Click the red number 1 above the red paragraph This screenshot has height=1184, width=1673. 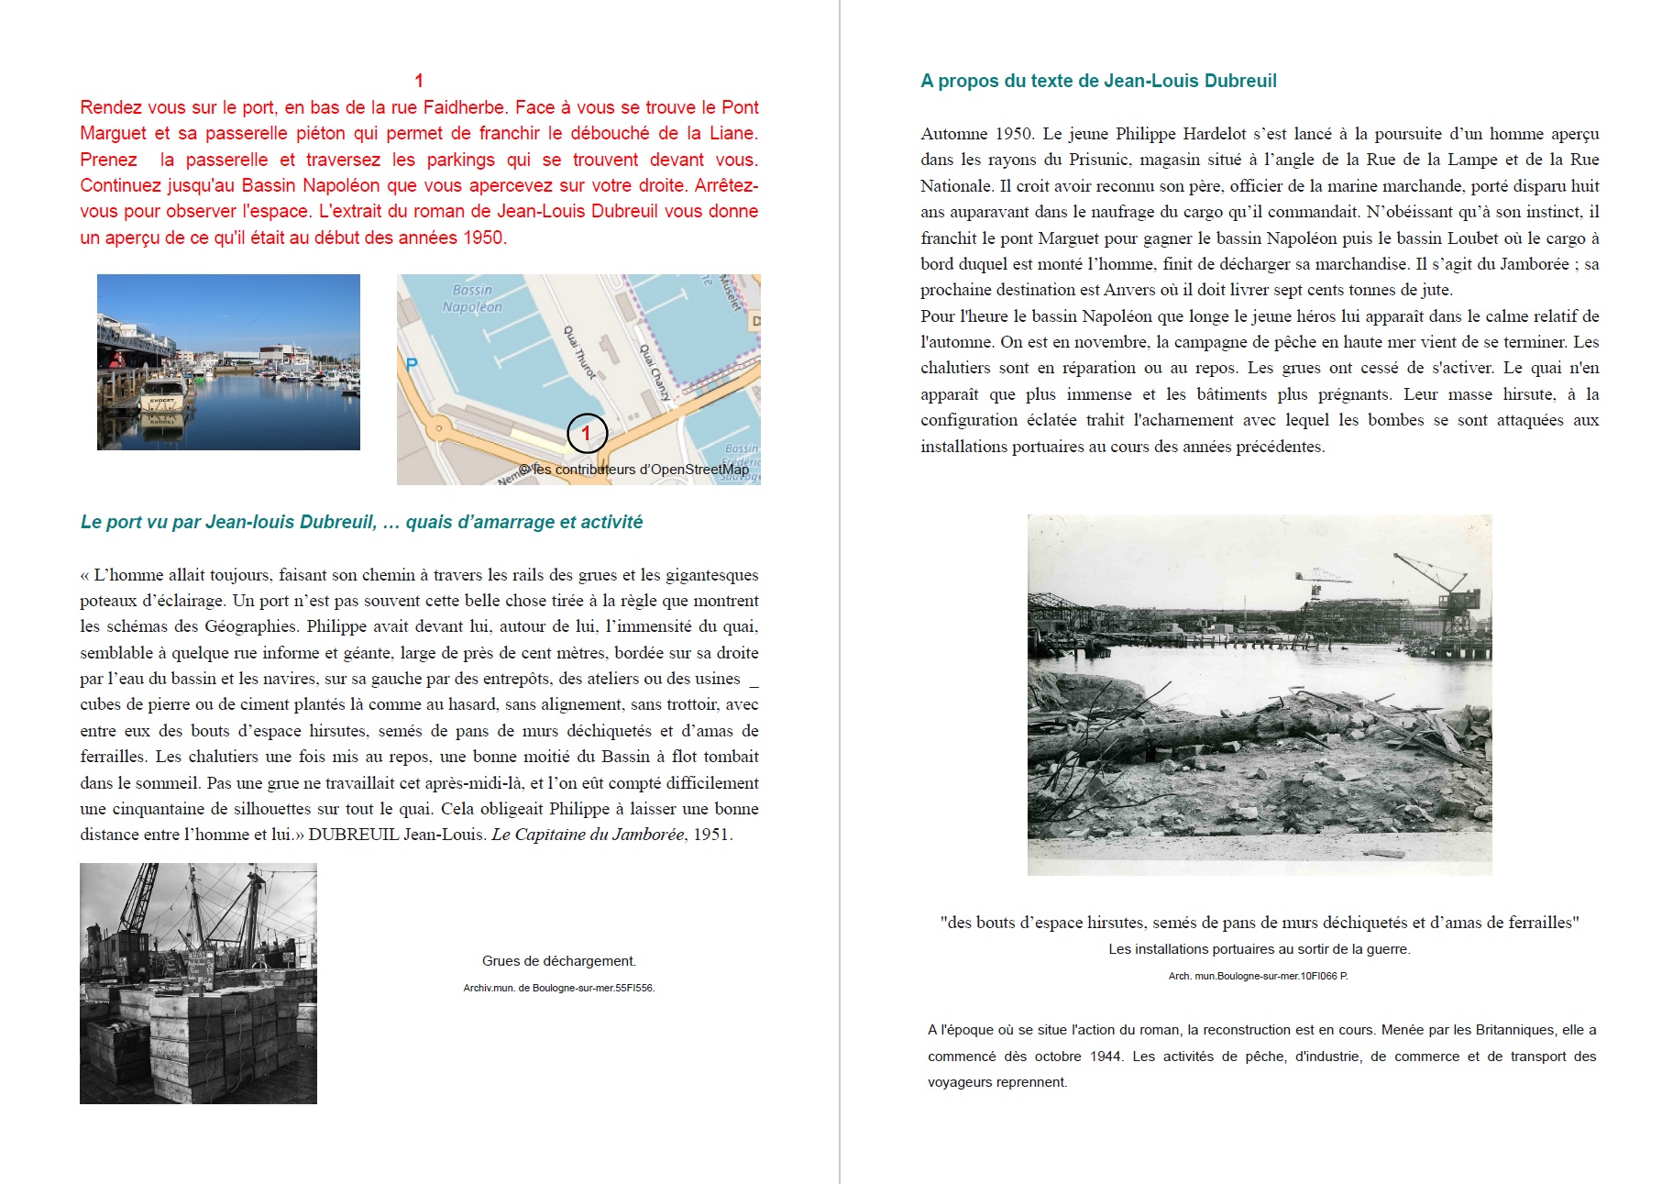pos(419,81)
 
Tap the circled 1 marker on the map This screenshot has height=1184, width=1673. pos(587,434)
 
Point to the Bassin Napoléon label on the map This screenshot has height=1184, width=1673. pos(472,298)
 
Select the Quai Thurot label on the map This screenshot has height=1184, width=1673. pos(580,352)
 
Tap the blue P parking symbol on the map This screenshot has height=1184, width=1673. pos(412,364)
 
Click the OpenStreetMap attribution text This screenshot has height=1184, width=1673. pos(634,470)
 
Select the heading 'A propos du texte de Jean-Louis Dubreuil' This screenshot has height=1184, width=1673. pos(1098,81)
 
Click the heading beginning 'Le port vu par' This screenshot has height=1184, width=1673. pos(361,522)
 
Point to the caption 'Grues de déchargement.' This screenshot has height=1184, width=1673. pos(559,961)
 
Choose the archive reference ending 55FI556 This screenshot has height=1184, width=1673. pos(559,988)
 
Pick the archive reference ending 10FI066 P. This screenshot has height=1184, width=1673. pos(1258,976)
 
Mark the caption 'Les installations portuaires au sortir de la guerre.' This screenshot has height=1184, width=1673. pos(1260,949)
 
